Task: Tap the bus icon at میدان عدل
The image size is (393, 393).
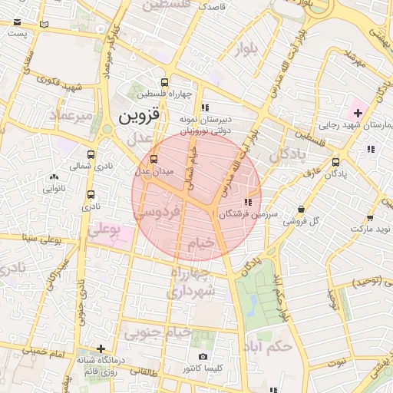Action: [x=154, y=159]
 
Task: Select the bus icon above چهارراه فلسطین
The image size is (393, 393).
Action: [x=164, y=82]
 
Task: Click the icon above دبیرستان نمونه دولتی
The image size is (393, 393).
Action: [x=204, y=107]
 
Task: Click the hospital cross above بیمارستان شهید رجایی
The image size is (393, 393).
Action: [x=357, y=113]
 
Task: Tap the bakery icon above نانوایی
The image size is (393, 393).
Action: [x=53, y=177]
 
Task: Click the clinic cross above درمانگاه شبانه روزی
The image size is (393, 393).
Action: [x=101, y=348]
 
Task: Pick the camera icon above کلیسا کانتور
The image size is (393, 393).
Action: [x=203, y=357]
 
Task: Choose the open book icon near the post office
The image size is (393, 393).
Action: [x=44, y=24]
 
